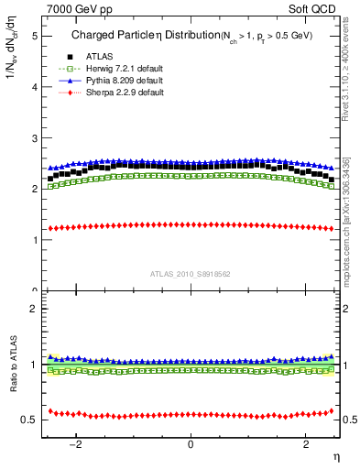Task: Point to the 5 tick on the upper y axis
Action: click(x=34, y=36)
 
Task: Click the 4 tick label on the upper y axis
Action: click(x=34, y=87)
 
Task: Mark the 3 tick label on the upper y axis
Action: click(x=34, y=138)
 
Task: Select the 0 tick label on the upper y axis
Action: click(x=34, y=290)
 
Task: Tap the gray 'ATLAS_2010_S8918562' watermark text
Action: click(x=191, y=273)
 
